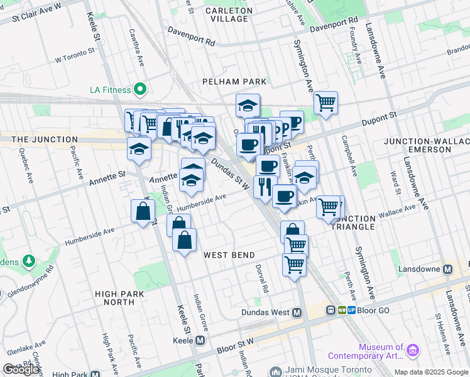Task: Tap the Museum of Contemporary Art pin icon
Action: coord(412,349)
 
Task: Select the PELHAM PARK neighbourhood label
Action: coord(234,82)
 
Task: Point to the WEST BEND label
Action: coord(229,255)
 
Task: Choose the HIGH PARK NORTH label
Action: coord(119,298)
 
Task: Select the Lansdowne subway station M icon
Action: coord(448,269)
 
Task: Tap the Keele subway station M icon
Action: coord(200,340)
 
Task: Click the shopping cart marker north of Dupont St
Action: coord(325,102)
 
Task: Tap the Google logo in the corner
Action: coord(21,369)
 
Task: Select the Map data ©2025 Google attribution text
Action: coord(430,372)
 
